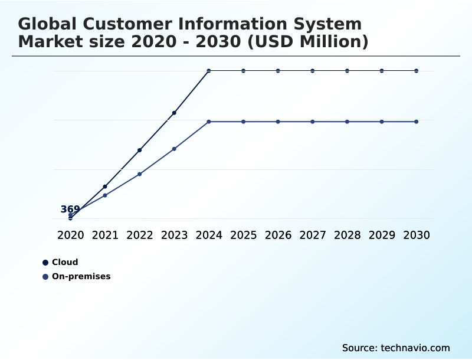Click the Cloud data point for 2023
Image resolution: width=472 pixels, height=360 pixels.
click(174, 113)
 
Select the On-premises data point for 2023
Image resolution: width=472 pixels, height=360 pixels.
click(174, 149)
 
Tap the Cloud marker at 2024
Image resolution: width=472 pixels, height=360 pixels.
click(209, 71)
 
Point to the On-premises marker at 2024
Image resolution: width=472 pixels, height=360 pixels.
click(209, 122)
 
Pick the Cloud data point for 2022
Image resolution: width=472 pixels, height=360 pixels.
click(140, 150)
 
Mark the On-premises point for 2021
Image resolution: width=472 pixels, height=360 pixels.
click(105, 195)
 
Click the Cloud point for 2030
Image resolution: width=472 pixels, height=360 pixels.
click(417, 71)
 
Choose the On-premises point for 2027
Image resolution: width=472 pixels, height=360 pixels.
click(313, 122)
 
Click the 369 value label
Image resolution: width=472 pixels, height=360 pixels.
click(70, 210)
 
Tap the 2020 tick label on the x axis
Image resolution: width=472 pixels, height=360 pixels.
click(70, 235)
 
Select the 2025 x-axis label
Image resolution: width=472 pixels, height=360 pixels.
click(243, 235)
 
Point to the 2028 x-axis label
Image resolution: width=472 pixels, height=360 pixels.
click(347, 235)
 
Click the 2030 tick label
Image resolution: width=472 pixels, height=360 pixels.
click(417, 235)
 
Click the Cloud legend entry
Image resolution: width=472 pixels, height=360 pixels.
click(65, 263)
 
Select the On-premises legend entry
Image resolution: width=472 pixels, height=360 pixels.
click(81, 276)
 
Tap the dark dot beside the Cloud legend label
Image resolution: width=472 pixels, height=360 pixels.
click(45, 263)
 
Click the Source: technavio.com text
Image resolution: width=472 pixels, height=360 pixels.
click(396, 348)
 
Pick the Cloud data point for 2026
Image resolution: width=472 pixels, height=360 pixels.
click(278, 71)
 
